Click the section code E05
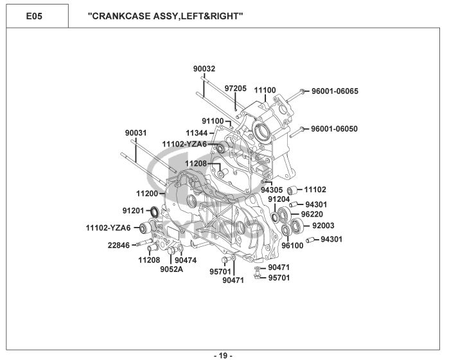click(34, 16)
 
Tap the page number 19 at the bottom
click(223, 355)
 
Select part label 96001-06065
click(335, 91)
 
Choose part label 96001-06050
click(335, 129)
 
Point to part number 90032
click(204, 69)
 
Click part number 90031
click(136, 133)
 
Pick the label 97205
click(235, 88)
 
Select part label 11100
click(265, 90)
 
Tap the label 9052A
click(172, 269)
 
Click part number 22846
click(119, 246)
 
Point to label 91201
click(133, 211)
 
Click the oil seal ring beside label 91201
click(155, 212)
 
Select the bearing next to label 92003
click(296, 225)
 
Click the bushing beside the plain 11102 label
click(292, 190)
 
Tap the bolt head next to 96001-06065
click(301, 92)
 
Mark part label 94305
click(272, 190)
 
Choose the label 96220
click(312, 215)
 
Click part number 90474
click(186, 260)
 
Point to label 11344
click(197, 133)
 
